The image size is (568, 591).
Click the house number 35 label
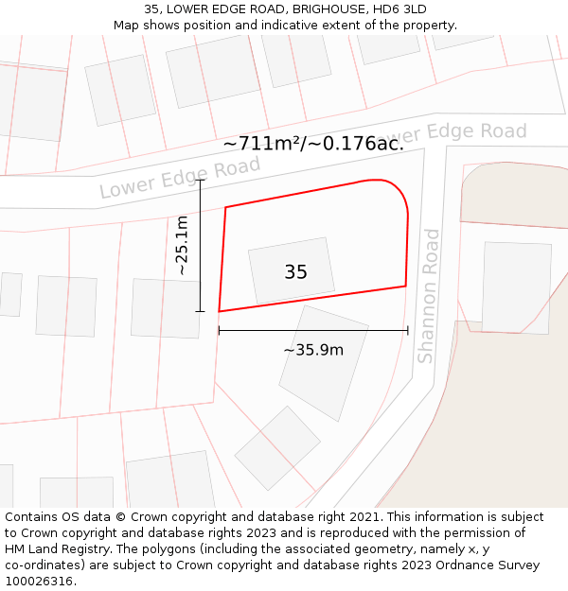coord(295,272)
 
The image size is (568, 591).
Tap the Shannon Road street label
coord(429,295)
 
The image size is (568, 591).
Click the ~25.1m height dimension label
coord(182,245)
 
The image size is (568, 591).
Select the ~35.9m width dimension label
coord(313,350)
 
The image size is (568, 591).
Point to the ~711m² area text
coord(268,144)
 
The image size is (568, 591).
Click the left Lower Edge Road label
coord(180,178)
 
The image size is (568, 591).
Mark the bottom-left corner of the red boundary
coord(220,311)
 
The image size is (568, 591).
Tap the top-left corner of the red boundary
coord(225,207)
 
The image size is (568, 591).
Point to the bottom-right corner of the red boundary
coord(406,286)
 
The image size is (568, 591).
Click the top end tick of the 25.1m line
coord(200,180)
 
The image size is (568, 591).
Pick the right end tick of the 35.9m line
coord(407,330)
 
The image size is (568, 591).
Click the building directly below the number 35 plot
coord(323,361)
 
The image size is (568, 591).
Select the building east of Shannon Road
coord(516,287)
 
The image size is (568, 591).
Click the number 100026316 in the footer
coord(40,581)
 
